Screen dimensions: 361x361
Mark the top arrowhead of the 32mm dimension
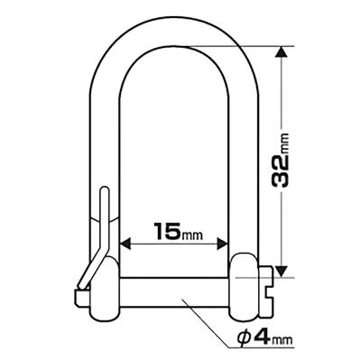pyautogui.click(x=282, y=52)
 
